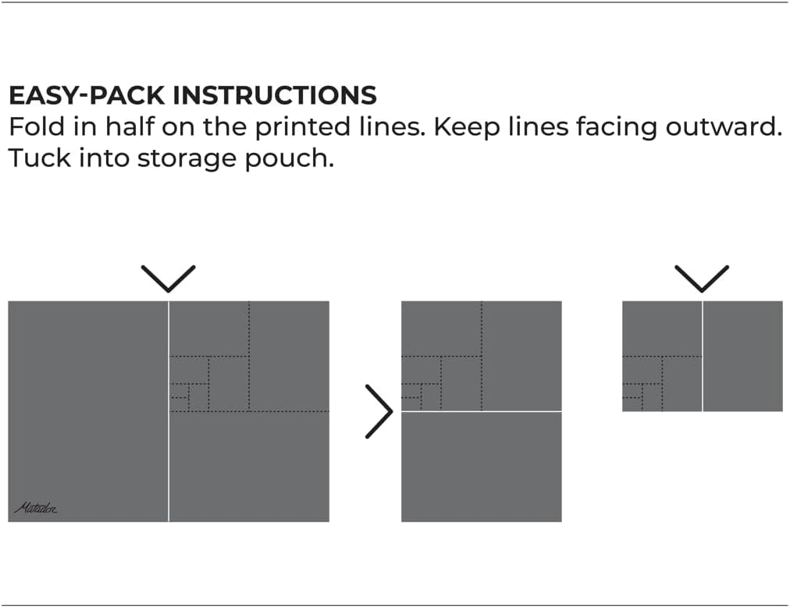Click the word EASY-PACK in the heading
tap(87, 95)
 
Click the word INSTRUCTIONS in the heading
tap(275, 95)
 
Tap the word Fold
tap(37, 126)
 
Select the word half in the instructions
tap(130, 126)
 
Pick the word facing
tap(617, 127)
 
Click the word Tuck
tap(39, 158)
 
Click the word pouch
tap(289, 160)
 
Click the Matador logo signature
tap(36, 508)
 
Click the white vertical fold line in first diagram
tap(169, 411)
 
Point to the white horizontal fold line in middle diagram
tap(481, 411)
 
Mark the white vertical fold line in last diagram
tap(703, 356)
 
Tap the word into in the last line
tap(104, 158)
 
